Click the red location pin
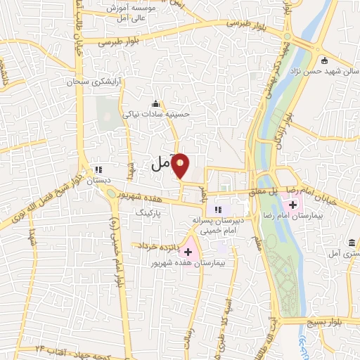coord(181,165)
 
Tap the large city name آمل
coord(161,165)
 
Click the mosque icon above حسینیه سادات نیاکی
coord(155,103)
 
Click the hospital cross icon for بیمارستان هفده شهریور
coord(188,251)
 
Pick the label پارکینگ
coord(148,210)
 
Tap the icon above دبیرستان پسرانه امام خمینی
coord(218,210)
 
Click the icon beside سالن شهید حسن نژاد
coord(322,60)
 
